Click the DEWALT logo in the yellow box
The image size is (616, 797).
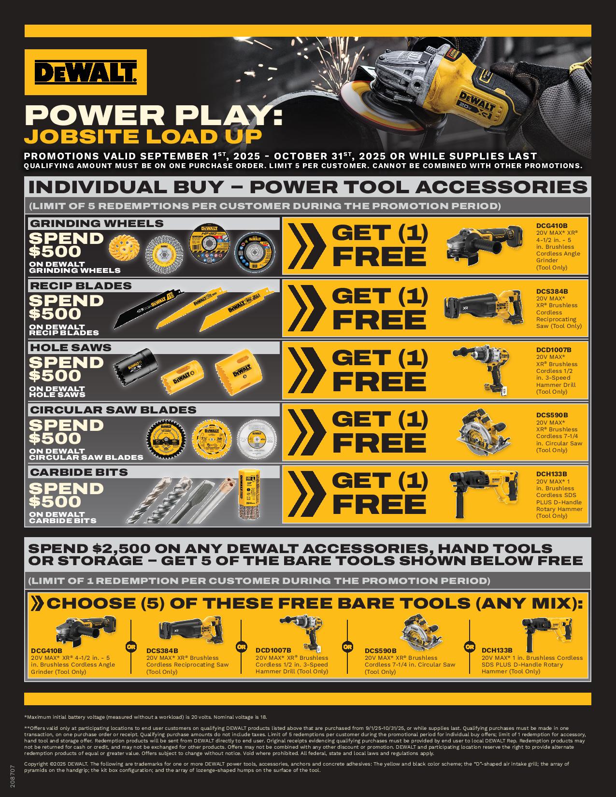pos(86,72)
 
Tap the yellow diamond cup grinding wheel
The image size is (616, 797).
pos(125,247)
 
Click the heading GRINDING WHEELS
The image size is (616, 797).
pos(97,223)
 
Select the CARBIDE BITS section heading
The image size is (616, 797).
pos(79,472)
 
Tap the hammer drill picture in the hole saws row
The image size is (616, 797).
pos(481,369)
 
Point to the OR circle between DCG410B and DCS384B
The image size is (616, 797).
pos(131,647)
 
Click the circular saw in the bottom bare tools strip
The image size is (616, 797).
pos(420,632)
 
